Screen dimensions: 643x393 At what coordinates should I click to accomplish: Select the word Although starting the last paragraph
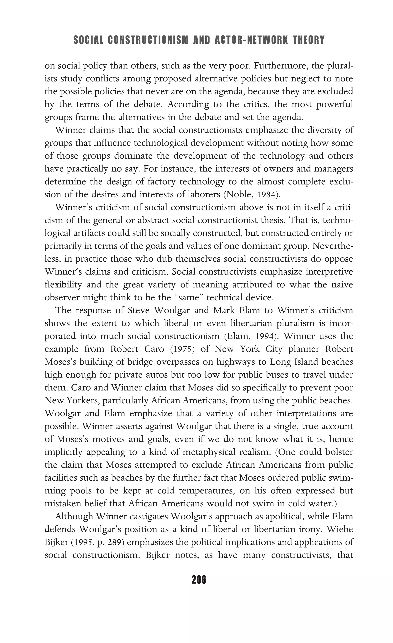74,516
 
